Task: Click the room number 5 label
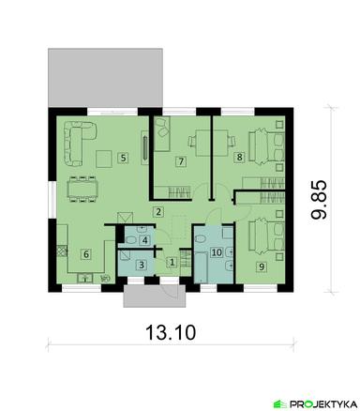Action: (123, 158)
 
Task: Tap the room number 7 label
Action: (181, 161)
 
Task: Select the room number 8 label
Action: (239, 157)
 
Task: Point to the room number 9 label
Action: (262, 266)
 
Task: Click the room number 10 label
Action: (217, 252)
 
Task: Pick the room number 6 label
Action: (86, 253)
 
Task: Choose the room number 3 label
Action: (142, 266)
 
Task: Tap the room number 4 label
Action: (144, 240)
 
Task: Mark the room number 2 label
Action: (158, 212)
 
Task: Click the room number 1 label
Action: (172, 262)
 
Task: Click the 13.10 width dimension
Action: (171, 332)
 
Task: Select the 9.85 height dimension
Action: (319, 199)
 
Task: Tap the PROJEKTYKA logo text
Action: (322, 403)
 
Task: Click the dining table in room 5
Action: (82, 190)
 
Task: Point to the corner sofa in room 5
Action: (79, 144)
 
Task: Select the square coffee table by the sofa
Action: (104, 159)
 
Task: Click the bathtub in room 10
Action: (202, 267)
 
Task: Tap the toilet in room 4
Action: (130, 240)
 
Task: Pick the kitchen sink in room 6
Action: (84, 278)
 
